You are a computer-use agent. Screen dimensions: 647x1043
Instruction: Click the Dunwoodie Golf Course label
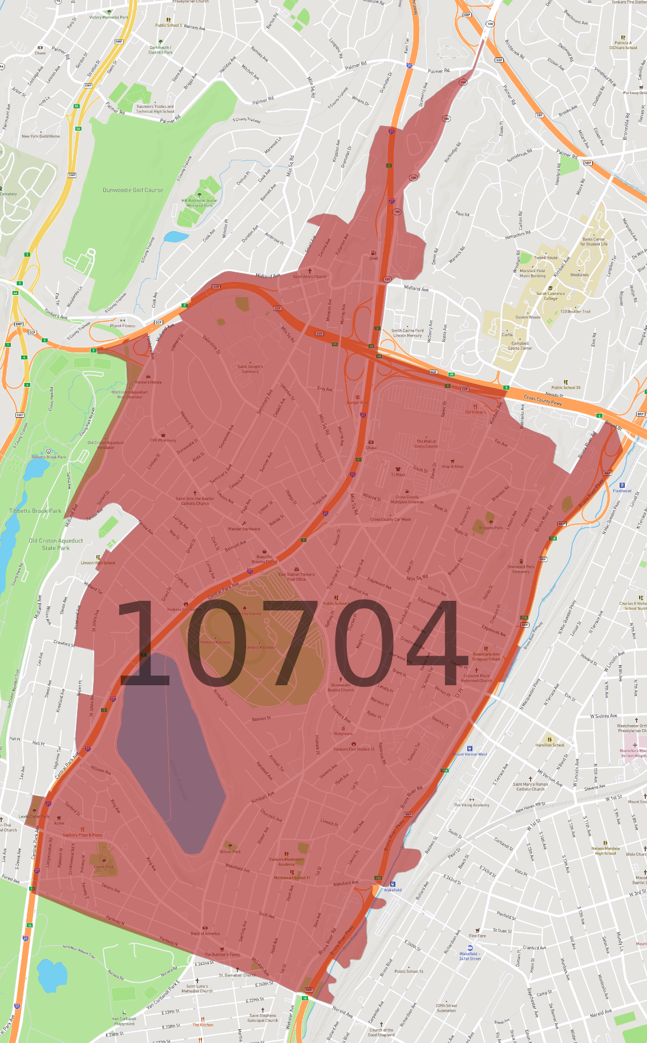pos(133,190)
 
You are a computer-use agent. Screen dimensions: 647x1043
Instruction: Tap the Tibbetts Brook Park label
pos(35,511)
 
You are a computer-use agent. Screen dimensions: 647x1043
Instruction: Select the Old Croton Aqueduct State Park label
pos(56,544)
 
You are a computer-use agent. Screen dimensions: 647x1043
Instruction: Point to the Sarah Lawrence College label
pos(551,296)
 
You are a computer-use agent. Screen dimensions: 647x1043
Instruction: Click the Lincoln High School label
pos(98,563)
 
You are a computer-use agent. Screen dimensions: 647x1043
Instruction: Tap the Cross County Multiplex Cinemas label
pos(407,499)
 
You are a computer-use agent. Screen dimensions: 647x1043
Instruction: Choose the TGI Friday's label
pos(475,411)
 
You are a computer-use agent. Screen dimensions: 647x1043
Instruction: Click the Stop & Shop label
pos(452,466)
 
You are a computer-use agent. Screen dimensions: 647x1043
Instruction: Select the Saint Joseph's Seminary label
pos(250,369)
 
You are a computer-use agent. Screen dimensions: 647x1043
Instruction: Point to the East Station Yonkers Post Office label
pos(297,576)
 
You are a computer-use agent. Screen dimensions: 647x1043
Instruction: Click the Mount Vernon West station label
pos(470,754)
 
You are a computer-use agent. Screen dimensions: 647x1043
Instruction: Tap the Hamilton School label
pos(550,745)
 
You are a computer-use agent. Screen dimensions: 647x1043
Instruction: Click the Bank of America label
pos(205,933)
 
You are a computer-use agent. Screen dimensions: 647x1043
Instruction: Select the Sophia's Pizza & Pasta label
pos(82,834)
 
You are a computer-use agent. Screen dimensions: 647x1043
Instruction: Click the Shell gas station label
pos(374,258)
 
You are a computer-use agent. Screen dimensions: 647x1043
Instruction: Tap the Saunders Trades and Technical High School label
pos(155,108)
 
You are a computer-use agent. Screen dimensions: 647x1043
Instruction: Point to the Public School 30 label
pos(566,387)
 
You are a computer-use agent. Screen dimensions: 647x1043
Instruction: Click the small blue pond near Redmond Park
pos(176,236)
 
